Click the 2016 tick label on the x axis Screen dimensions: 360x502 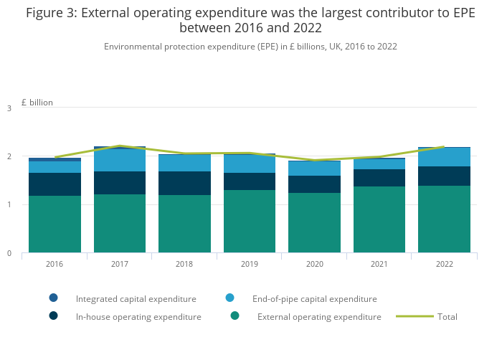coord(55,264)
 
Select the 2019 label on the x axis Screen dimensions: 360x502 coord(250,264)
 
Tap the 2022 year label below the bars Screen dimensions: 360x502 coord(445,264)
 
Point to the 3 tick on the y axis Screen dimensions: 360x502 coord(9,108)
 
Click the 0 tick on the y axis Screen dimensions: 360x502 coord(9,253)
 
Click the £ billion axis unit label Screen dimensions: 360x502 coord(37,103)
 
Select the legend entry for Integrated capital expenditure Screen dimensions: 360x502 coord(136,298)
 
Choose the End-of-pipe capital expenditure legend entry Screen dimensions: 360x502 coord(314,298)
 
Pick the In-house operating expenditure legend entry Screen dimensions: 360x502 coord(138,316)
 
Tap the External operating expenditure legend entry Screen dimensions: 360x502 coord(319,316)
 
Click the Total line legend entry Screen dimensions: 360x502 coord(447,316)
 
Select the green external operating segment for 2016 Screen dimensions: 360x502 coord(55,224)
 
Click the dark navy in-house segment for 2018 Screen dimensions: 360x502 coord(184,183)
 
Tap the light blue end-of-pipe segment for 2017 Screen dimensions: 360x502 coord(120,160)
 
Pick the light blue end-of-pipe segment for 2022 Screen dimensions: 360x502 coord(445,157)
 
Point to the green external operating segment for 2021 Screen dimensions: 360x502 coord(379,219)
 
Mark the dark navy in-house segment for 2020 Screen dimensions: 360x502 coord(314,184)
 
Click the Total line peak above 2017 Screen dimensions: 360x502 coord(120,146)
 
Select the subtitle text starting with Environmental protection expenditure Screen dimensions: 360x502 coord(250,46)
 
